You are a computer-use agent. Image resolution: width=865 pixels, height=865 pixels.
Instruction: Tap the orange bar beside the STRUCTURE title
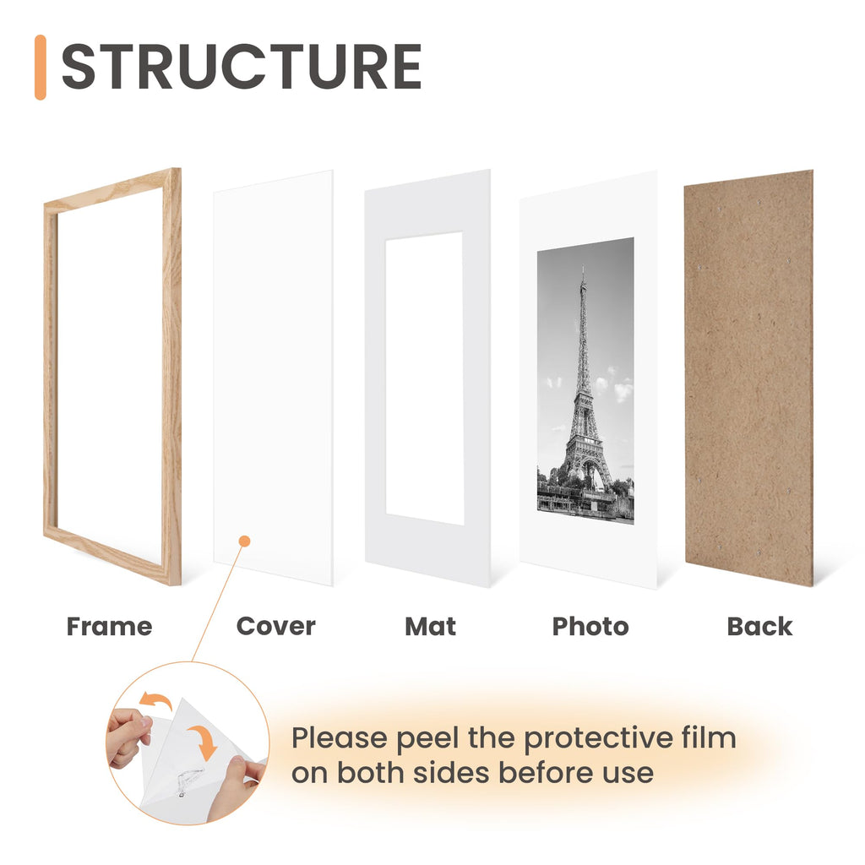pyautogui.click(x=41, y=68)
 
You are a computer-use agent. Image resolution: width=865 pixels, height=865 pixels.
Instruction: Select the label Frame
pyautogui.click(x=109, y=627)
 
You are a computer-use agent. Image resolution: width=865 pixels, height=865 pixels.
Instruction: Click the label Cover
pyautogui.click(x=276, y=626)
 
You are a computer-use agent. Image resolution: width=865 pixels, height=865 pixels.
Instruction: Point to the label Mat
pyautogui.click(x=430, y=627)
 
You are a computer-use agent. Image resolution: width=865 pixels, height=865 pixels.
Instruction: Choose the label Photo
pyautogui.click(x=590, y=627)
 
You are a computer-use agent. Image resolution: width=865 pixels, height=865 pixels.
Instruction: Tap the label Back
pyautogui.click(x=759, y=627)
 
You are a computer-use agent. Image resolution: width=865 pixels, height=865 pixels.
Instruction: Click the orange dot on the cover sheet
pyautogui.click(x=245, y=541)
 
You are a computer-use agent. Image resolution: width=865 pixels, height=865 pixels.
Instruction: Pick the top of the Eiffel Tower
pyautogui.click(x=583, y=268)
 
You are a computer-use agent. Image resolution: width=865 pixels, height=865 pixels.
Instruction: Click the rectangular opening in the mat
pyautogui.click(x=424, y=378)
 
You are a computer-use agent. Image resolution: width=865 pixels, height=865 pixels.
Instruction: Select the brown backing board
pyautogui.click(x=748, y=378)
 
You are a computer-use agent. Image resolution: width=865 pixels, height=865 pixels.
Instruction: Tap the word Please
pyautogui.click(x=340, y=738)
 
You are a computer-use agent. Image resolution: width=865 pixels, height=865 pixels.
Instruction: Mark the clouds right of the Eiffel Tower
pyautogui.click(x=617, y=385)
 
